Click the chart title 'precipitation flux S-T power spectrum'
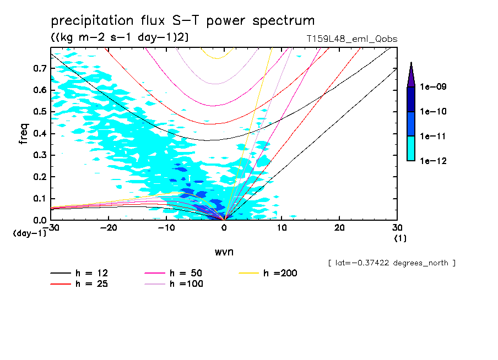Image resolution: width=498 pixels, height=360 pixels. (x=182, y=21)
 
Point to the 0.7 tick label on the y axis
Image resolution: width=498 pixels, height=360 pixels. (x=40, y=68)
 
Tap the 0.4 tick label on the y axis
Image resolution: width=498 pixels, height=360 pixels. (x=40, y=134)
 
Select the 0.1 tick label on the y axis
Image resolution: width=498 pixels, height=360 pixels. (x=40, y=199)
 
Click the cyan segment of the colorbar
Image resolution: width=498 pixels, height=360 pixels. (x=411, y=148)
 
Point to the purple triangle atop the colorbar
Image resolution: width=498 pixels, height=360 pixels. (x=411, y=74)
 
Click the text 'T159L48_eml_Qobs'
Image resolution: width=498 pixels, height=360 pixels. (x=352, y=39)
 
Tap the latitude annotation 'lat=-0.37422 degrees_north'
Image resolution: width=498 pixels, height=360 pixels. (x=391, y=263)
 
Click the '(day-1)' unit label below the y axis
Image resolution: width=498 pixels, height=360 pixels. (x=29, y=233)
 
